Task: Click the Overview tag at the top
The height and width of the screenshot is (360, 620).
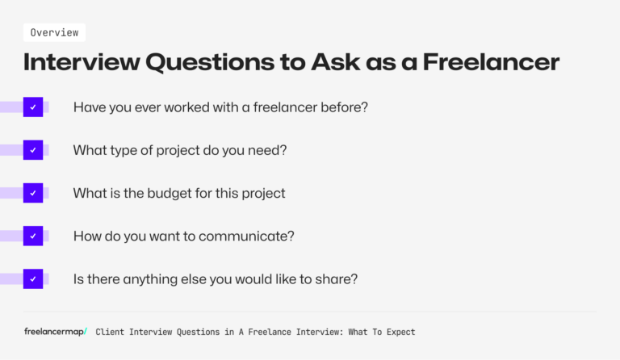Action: coord(54,32)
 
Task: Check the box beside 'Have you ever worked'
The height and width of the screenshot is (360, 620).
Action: coord(33,107)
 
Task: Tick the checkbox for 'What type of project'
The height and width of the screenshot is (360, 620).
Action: coord(33,149)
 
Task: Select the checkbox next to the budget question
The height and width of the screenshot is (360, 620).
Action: coord(33,193)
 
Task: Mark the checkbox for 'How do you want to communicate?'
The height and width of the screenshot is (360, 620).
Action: coord(33,236)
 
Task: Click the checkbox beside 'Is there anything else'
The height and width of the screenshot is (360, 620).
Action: coord(33,278)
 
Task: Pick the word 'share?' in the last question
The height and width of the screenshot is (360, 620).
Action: coord(338,279)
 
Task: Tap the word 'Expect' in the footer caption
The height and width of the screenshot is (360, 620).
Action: coord(396,332)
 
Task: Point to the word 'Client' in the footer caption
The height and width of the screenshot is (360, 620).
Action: coord(111,332)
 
